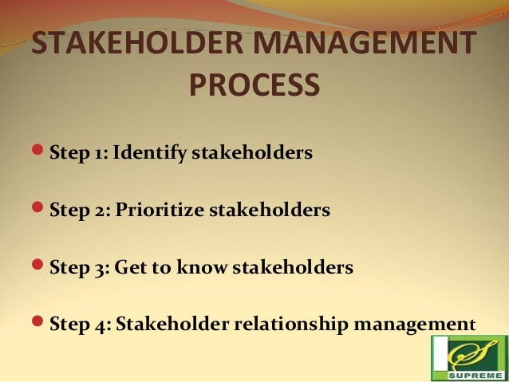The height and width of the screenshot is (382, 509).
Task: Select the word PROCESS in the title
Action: click(x=254, y=85)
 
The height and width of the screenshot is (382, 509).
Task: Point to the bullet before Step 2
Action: click(x=39, y=211)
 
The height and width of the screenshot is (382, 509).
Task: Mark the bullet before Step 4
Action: click(x=39, y=325)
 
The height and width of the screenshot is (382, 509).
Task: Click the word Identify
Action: click(x=150, y=152)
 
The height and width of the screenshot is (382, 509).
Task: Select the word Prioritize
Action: click(x=160, y=211)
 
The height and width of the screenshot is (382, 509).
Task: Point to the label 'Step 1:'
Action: click(x=78, y=152)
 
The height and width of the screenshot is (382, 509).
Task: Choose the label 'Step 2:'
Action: click(x=79, y=211)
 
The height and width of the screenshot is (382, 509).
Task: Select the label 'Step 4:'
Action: click(x=79, y=325)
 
